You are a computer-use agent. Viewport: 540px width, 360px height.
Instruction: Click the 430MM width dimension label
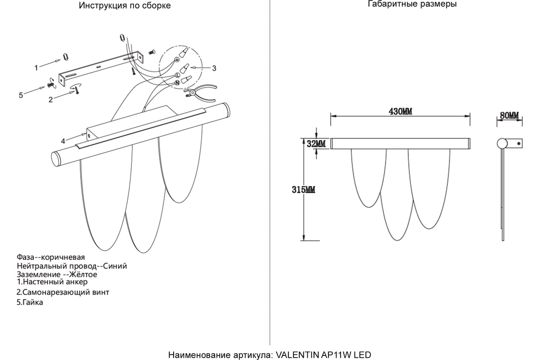(400, 112)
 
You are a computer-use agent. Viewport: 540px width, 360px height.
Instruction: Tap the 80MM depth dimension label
(509, 116)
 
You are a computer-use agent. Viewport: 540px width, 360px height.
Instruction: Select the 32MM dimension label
(316, 144)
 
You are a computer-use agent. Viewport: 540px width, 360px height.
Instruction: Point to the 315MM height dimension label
(303, 190)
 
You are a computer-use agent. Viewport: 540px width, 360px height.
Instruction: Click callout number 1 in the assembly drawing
(36, 68)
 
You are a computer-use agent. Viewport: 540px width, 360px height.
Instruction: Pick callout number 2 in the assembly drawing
(50, 99)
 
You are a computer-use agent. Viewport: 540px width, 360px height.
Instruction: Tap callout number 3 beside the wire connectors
(214, 68)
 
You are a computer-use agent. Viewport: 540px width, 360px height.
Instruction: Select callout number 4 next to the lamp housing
(63, 141)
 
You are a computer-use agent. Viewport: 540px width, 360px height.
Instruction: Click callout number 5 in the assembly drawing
(21, 95)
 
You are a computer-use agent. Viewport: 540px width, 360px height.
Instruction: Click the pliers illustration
(201, 93)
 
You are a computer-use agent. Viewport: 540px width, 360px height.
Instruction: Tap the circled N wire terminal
(177, 83)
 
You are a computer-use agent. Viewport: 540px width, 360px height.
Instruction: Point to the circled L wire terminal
(177, 75)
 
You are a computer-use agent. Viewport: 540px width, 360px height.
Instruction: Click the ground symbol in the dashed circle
(177, 59)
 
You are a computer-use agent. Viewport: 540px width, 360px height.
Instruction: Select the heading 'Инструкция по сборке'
(125, 5)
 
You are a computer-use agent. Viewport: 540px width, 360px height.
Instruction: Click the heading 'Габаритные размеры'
(412, 4)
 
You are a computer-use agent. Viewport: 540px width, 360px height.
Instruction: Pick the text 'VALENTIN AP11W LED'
(323, 355)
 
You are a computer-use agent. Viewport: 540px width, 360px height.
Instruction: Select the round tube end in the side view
(502, 144)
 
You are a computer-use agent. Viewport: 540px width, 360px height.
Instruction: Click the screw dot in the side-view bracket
(518, 144)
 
